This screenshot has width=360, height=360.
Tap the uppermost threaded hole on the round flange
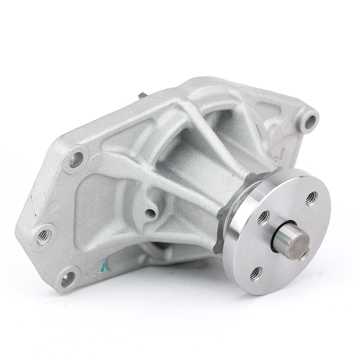point(312,198)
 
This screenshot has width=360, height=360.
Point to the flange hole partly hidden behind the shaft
point(304,254)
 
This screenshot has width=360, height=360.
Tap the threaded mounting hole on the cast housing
point(44,237)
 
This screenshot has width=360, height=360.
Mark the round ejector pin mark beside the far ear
point(286,127)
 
